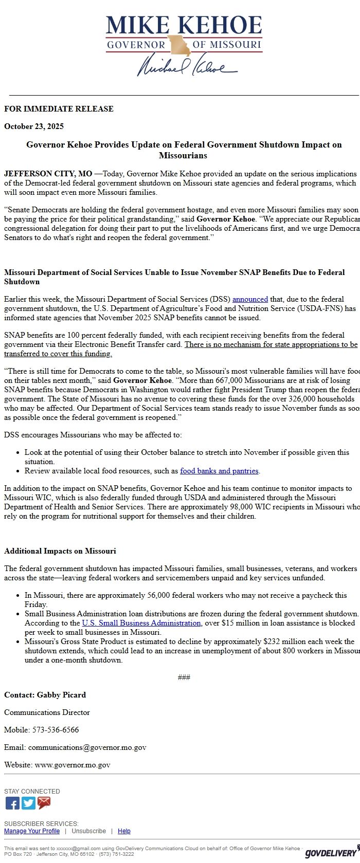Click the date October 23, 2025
(x=34, y=126)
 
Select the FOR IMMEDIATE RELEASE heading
(x=59, y=109)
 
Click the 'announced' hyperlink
(x=250, y=299)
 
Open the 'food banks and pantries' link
(x=219, y=471)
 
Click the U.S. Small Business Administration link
(x=141, y=623)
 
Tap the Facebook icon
(x=12, y=803)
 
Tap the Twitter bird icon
(x=28, y=803)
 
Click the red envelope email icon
(x=44, y=803)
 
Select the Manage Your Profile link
(x=32, y=831)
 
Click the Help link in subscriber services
(x=124, y=831)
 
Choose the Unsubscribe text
(x=88, y=831)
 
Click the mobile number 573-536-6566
(x=56, y=730)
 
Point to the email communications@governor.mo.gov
(x=87, y=747)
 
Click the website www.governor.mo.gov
(x=73, y=765)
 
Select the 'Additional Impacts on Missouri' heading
(x=60, y=551)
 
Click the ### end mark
(x=184, y=677)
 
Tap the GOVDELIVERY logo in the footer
(x=330, y=853)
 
